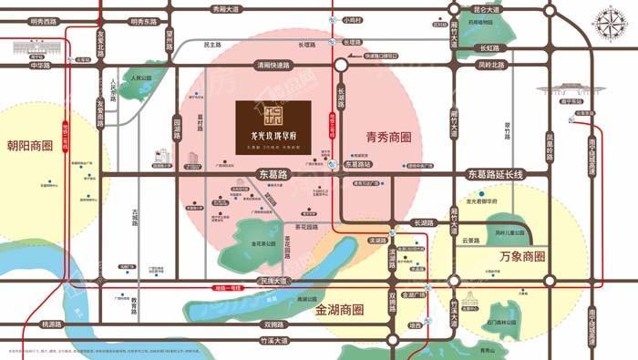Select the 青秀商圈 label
pos(389,139)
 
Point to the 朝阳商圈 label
pos(30,146)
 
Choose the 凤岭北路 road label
pos(489,65)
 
